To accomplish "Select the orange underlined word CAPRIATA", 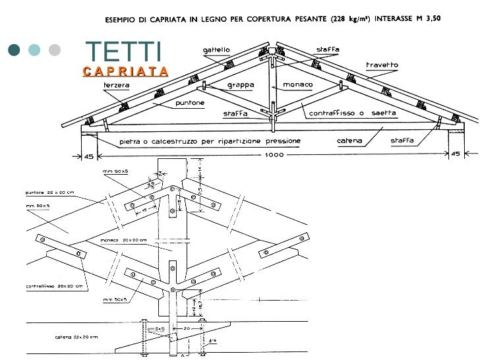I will coord(126,71).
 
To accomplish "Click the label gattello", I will coord(216,49).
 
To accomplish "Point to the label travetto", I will coord(382,65).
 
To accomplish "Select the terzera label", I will coord(115,85).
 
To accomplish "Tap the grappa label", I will coord(241,85).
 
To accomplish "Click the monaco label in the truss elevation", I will coord(298,85).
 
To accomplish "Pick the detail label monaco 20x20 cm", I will coord(123,240).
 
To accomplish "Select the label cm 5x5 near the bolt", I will coord(156,328).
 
